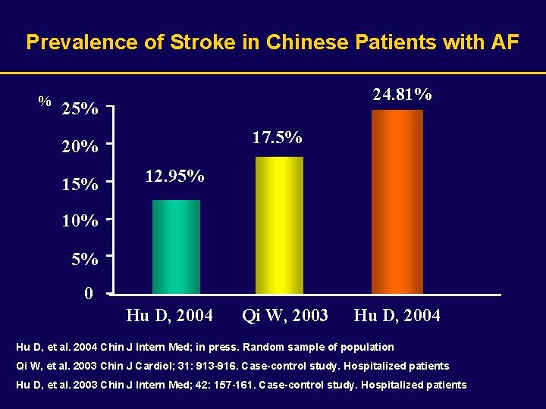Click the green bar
[x=176, y=246]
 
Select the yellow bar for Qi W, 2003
[x=279, y=225]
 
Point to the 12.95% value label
[x=174, y=176]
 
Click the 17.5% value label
[x=277, y=137]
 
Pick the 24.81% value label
[x=403, y=95]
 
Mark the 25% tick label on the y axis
[x=79, y=109]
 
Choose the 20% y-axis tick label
[x=79, y=146]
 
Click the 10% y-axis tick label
[x=79, y=222]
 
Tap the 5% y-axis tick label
[x=84, y=259]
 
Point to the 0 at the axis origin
[x=89, y=294]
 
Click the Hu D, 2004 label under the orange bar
[x=397, y=315]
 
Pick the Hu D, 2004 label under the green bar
[x=170, y=315]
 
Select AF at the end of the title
[x=505, y=42]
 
